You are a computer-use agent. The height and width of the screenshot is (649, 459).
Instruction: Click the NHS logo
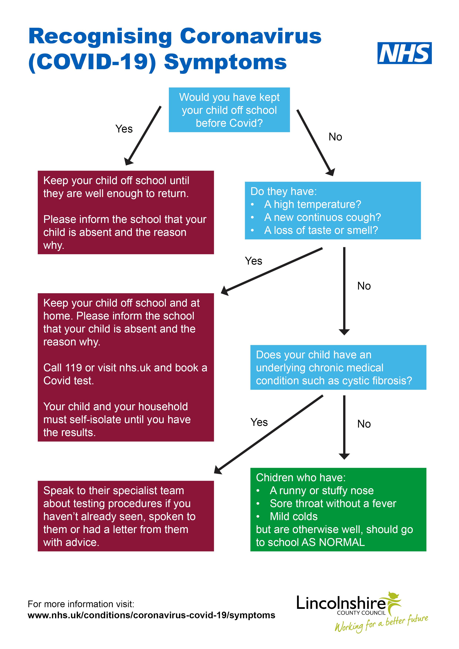coord(404,53)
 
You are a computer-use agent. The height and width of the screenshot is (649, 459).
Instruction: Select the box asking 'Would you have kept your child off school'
coord(229,110)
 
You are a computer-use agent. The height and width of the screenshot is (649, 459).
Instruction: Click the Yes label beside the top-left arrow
coord(124,129)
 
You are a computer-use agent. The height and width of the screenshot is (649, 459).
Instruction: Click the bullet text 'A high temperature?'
coord(312,204)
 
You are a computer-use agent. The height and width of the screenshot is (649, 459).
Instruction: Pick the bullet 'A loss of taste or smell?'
coord(321,230)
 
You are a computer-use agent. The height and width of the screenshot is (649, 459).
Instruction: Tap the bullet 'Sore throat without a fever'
coord(333,503)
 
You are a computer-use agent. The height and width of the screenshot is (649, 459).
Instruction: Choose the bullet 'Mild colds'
coord(294,516)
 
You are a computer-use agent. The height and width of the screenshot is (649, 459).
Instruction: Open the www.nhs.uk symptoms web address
coord(151,615)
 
